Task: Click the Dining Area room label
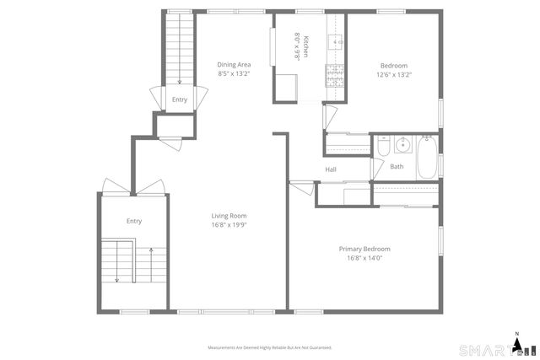pyautogui.click(x=234, y=65)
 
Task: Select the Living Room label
pyautogui.click(x=229, y=216)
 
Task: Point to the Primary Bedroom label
pyautogui.click(x=364, y=249)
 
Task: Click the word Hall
pyautogui.click(x=332, y=170)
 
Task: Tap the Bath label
pyautogui.click(x=397, y=166)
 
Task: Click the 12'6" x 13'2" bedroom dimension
pyautogui.click(x=394, y=74)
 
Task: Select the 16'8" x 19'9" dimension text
pyautogui.click(x=229, y=225)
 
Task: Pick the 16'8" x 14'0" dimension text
pyautogui.click(x=364, y=258)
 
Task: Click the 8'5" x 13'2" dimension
pyautogui.click(x=234, y=73)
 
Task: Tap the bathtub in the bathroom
pyautogui.click(x=426, y=157)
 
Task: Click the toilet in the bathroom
pyautogui.click(x=381, y=148)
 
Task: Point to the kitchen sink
pyautogui.click(x=337, y=40)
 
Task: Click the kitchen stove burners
pyautogui.click(x=335, y=77)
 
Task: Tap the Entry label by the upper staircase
pyautogui.click(x=180, y=99)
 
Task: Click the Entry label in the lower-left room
pyautogui.click(x=134, y=221)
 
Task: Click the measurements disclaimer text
pyautogui.click(x=270, y=347)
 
